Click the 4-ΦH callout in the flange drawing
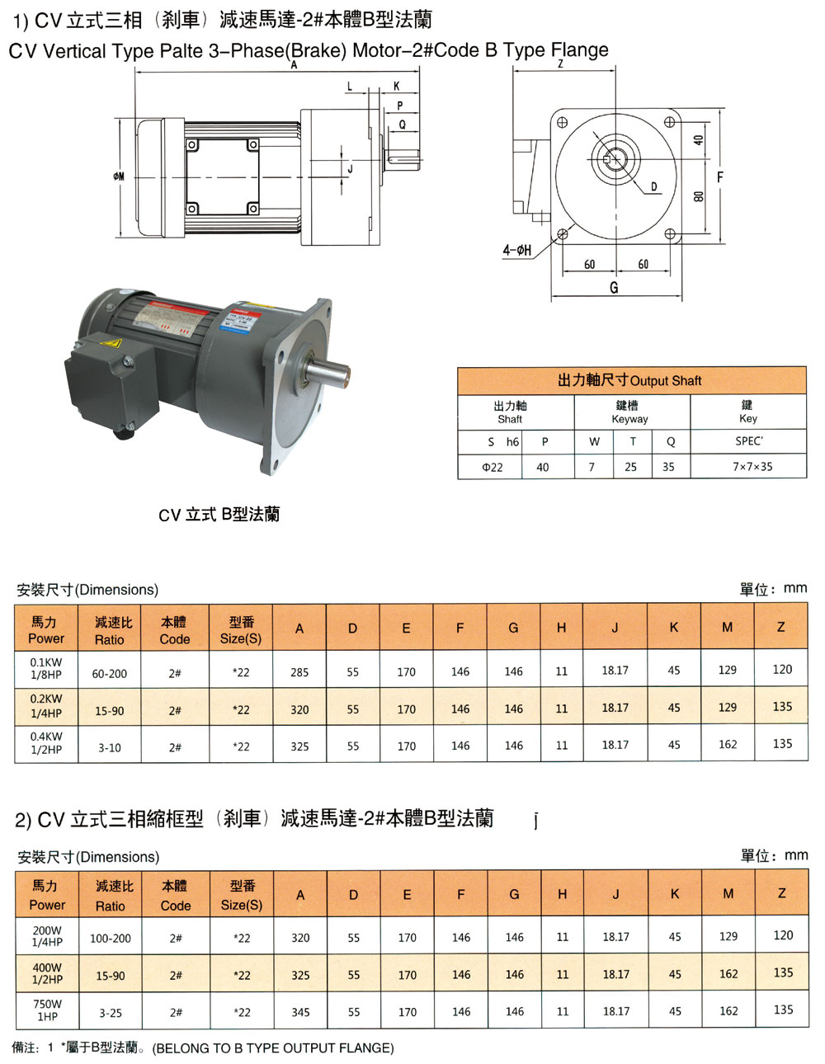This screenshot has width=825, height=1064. [516, 251]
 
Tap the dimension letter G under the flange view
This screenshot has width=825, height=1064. [614, 287]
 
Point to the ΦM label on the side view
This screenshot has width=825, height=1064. [119, 177]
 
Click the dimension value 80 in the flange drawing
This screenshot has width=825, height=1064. [699, 196]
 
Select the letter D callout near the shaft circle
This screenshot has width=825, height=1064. [653, 186]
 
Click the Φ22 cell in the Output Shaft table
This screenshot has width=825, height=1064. [492, 467]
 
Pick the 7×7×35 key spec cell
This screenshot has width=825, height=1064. [752, 467]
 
